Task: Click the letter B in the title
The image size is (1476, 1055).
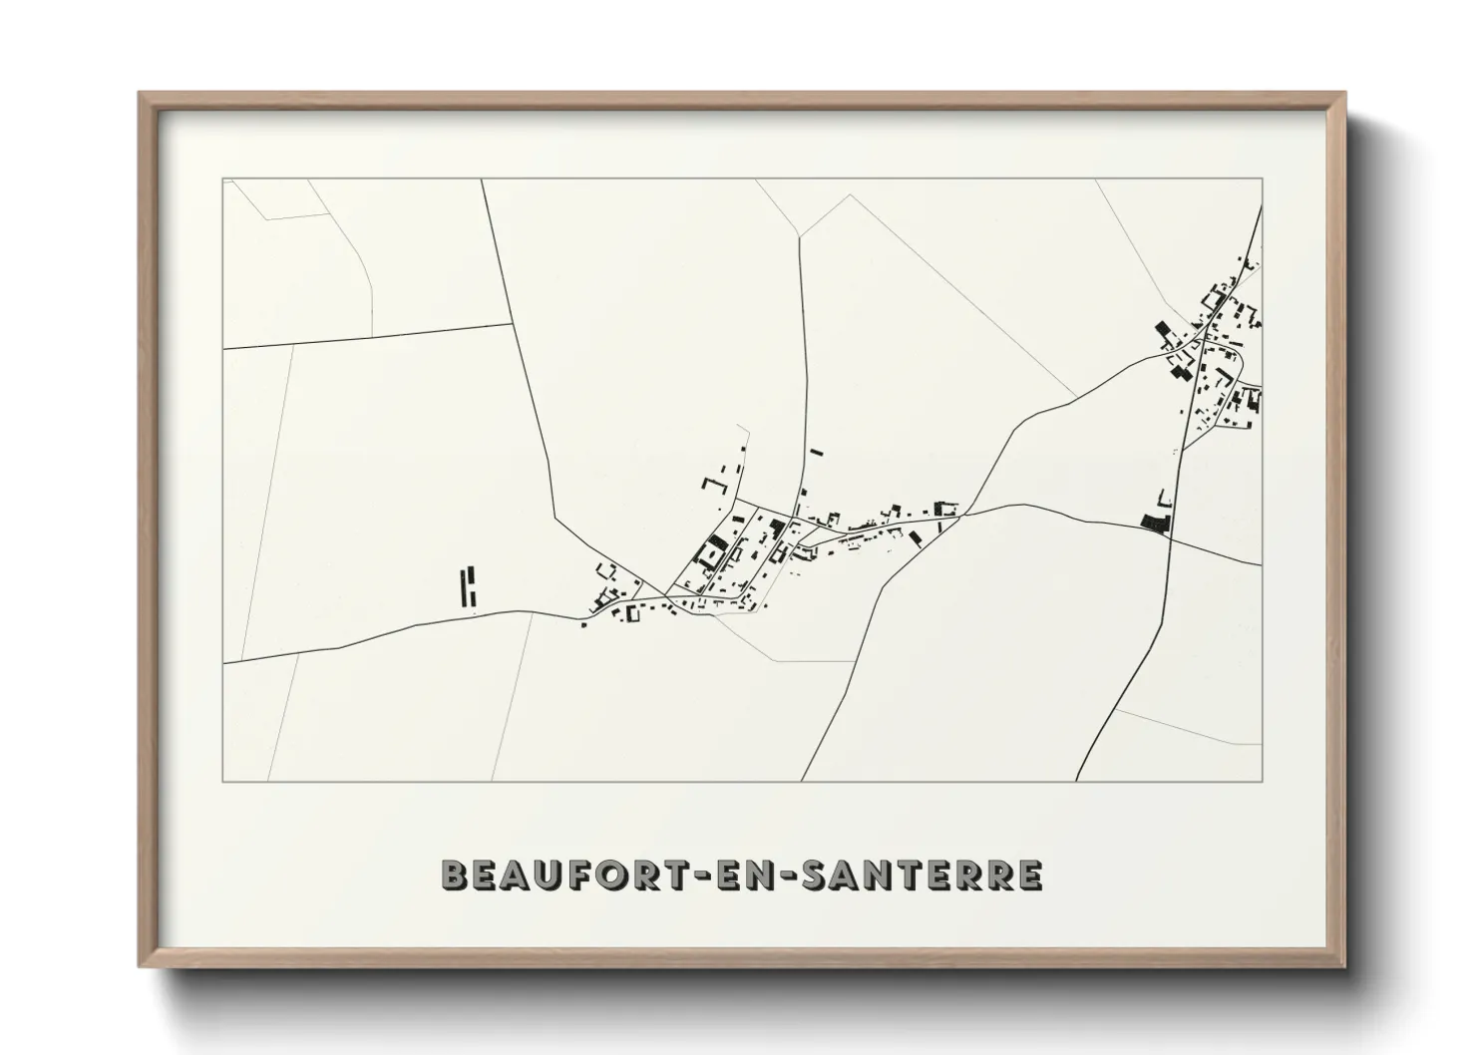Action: (456, 875)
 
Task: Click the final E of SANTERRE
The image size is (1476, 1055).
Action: (1029, 875)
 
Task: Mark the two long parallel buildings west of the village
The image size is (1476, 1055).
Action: (467, 587)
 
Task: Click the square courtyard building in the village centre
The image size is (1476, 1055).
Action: (714, 550)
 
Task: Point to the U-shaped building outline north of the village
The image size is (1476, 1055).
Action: (713, 485)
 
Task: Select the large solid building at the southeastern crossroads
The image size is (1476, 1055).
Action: (1156, 523)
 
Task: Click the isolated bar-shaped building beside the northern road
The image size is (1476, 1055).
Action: (817, 452)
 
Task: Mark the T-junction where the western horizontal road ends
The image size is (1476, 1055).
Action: (512, 324)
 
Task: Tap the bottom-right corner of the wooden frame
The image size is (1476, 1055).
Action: (1344, 965)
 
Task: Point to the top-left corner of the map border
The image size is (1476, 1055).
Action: (222, 179)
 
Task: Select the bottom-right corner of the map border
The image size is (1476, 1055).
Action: (1262, 781)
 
